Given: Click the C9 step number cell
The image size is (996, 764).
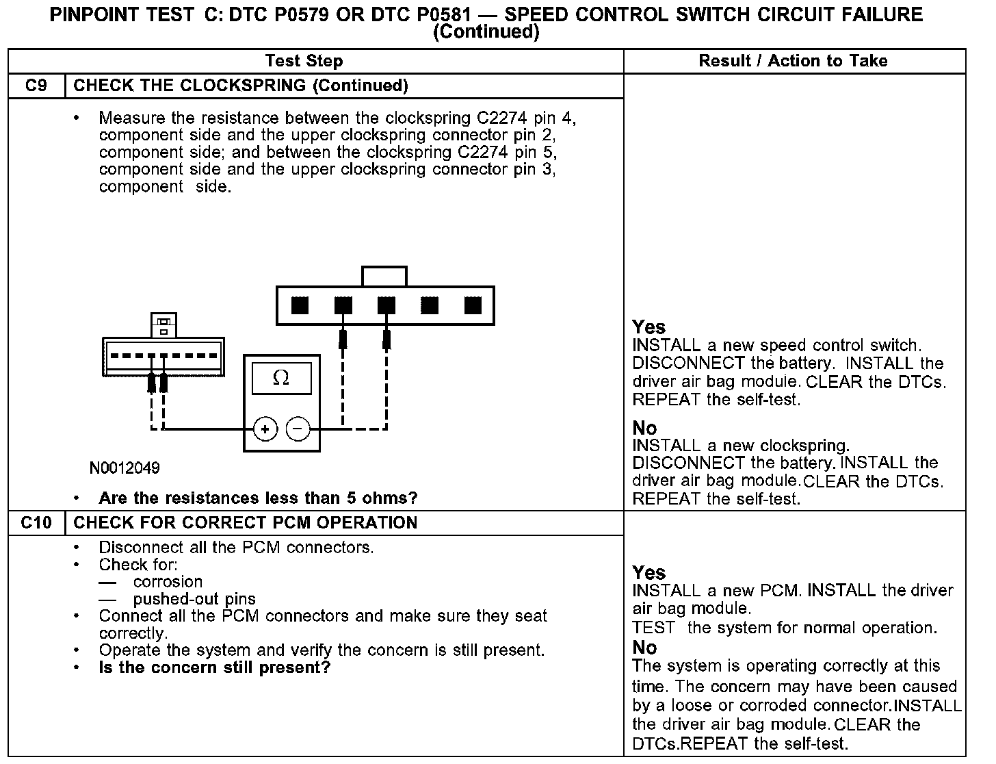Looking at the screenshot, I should click(36, 86).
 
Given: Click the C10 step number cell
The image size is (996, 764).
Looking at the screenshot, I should click(36, 523).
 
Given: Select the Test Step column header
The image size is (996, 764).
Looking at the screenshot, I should click(304, 61).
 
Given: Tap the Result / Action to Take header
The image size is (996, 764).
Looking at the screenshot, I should click(793, 61).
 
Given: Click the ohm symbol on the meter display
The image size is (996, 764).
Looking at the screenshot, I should click(281, 378).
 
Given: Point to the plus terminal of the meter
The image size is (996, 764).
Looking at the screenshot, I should click(265, 429).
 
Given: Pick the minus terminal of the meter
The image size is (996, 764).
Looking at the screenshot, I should click(298, 429).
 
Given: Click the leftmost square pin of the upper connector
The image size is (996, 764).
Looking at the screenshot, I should click(300, 305).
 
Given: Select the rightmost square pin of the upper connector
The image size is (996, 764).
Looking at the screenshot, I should click(473, 305).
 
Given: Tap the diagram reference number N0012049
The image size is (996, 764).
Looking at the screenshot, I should click(124, 468).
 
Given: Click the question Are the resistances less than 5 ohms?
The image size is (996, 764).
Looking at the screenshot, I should click(258, 498).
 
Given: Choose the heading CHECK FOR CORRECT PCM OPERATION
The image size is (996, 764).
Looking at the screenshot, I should click(245, 523).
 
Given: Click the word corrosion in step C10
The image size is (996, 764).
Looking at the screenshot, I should click(168, 582).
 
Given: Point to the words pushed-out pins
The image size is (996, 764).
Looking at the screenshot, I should click(194, 599).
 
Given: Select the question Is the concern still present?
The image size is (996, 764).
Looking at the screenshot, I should click(214, 667).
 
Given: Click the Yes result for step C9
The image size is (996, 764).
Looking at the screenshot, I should click(648, 327).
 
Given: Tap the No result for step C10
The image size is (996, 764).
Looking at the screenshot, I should click(644, 648).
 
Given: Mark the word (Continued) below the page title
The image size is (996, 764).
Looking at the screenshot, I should click(487, 31).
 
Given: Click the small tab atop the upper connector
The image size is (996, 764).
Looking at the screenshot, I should click(384, 277).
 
